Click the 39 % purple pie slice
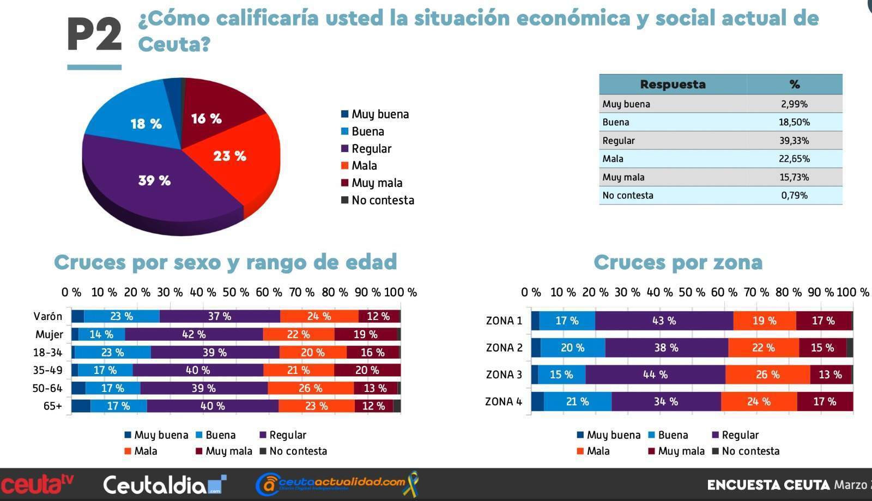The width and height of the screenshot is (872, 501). pos(156,183)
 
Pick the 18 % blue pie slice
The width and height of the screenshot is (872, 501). pos(136,117)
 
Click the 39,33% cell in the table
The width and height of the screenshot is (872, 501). pos(794,141)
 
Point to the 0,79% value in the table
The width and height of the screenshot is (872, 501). pos(794,195)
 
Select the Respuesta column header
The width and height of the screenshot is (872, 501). pos(673,84)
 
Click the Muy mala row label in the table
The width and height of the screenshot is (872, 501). pos(623,178)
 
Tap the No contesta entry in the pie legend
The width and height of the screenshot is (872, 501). pos(378,200)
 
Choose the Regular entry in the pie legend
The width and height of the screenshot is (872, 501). pos(366,149)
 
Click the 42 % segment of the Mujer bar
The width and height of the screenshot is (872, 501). pos(194,334)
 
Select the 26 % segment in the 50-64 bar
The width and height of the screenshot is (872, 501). pos(311,388)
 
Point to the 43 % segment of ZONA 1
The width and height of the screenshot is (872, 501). pos(664,321)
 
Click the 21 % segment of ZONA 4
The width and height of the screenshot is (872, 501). pos(578,401)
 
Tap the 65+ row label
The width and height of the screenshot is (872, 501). pos(52,406)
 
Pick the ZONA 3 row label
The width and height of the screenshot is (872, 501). pos(504,375)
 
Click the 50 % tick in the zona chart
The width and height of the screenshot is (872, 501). pos(692,292)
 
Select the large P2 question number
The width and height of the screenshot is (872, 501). pos(95,34)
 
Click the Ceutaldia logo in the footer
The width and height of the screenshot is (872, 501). pos(165,485)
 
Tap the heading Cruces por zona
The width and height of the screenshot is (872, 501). pos(678,262)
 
